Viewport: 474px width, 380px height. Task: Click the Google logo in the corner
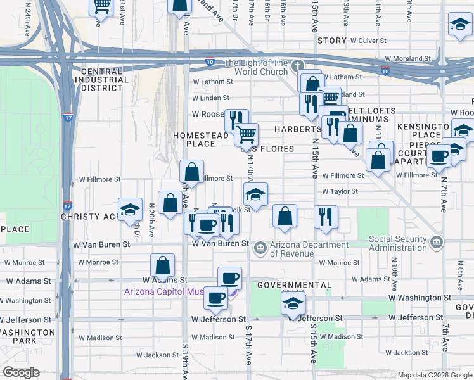(21, 372)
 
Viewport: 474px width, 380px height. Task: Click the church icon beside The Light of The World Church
(298, 65)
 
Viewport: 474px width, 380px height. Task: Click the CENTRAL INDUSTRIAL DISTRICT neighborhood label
(101, 80)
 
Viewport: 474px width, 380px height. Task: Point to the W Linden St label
(210, 98)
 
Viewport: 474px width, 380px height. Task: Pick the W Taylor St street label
(340, 191)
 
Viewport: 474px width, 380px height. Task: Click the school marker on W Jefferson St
(293, 305)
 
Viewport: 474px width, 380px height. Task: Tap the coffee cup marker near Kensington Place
(438, 156)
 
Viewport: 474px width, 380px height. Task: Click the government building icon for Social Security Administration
(437, 242)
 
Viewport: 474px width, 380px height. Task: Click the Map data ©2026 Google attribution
(433, 375)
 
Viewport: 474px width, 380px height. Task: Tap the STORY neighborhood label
(332, 41)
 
